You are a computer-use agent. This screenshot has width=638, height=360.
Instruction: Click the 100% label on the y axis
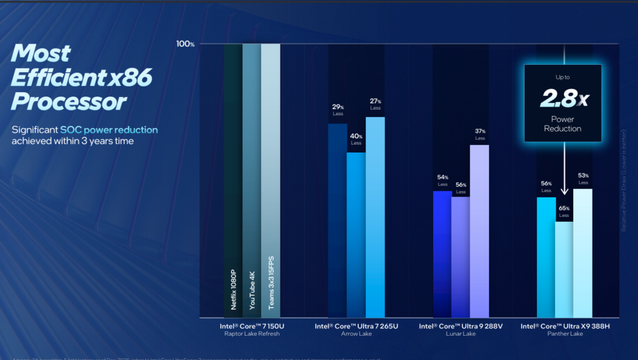point(186,44)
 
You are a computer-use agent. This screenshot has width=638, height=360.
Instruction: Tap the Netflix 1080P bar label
point(233,289)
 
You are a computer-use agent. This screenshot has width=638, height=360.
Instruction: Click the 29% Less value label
point(337,110)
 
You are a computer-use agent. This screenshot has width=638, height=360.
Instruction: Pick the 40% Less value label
point(356,140)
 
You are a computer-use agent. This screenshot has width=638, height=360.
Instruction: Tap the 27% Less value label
point(375,104)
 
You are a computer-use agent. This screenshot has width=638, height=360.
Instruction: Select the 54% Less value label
point(442,181)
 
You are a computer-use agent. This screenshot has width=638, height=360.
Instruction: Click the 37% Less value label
point(480,135)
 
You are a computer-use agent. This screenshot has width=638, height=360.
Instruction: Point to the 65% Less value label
point(564,212)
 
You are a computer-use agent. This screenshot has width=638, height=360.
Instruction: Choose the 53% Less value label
point(583,179)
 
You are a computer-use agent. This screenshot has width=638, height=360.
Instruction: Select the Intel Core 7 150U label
point(252,326)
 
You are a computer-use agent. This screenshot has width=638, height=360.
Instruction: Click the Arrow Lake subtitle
point(356,334)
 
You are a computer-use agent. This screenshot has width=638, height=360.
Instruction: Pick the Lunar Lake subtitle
point(460,334)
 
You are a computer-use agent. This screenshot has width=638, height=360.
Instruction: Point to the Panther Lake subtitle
point(564,334)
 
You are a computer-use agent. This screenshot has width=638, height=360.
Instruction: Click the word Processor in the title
point(69,102)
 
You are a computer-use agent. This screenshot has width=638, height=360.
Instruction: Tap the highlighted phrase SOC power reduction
point(109,130)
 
